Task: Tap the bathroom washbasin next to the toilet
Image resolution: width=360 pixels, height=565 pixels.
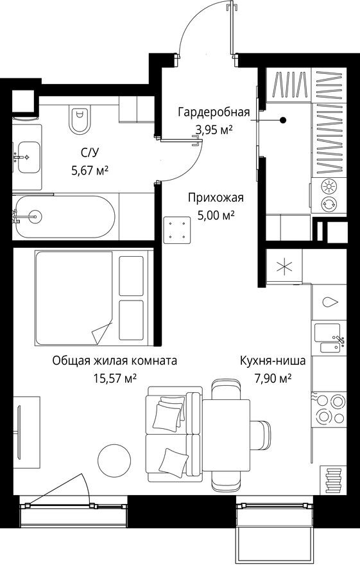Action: [27, 157]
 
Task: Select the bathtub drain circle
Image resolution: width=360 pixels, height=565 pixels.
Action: [34, 216]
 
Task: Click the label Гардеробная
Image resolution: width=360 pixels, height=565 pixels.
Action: [213, 113]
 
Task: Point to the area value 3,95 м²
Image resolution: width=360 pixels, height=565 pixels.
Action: [213, 130]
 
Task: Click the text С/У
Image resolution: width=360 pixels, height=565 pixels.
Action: [89, 153]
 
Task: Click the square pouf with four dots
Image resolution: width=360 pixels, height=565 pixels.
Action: [178, 229]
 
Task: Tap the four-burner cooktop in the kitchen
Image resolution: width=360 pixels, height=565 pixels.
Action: [329, 408]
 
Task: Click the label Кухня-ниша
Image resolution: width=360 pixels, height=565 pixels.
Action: [273, 361]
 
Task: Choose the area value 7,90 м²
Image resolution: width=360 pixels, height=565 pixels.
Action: [272, 378]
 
